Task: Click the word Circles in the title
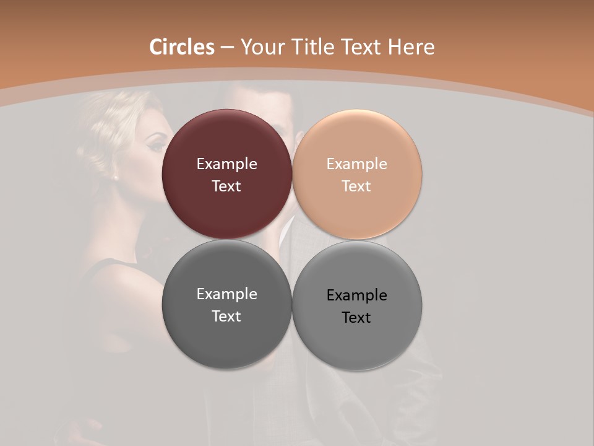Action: (182, 47)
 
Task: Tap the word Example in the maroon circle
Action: (226, 164)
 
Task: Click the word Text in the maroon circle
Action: (226, 186)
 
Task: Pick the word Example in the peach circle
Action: (356, 164)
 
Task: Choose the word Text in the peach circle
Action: (356, 186)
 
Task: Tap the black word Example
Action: (356, 295)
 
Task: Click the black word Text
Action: (356, 318)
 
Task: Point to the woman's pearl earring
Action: (115, 177)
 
